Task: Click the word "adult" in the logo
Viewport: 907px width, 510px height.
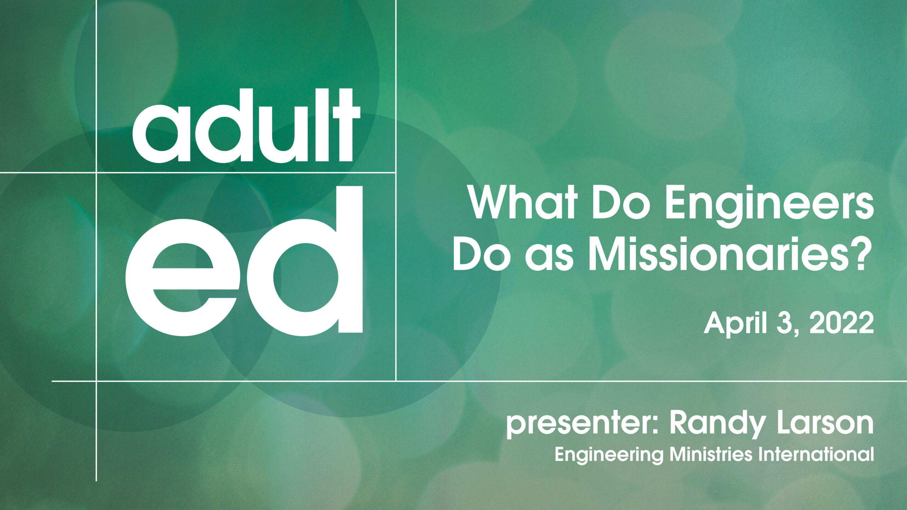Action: pyautogui.click(x=246, y=126)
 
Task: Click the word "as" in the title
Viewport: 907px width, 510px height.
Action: pyautogui.click(x=549, y=259)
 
